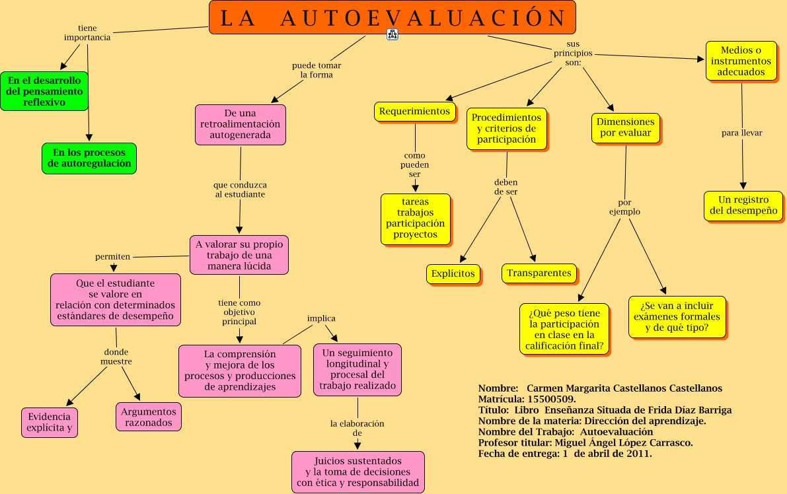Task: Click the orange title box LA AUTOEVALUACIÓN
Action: coord(392,18)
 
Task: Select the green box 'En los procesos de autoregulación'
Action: coord(89,159)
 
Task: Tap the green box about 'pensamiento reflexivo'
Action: coord(44,91)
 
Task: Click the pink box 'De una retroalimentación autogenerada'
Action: coord(241,125)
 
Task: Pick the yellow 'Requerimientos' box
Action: coord(415,112)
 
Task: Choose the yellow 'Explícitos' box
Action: coord(453,273)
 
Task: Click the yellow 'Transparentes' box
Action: coord(539,273)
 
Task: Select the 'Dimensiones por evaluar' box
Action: coord(625,127)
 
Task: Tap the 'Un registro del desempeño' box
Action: coord(743,206)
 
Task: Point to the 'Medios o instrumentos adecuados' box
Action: coord(741,61)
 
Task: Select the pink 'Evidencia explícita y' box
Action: coord(49,423)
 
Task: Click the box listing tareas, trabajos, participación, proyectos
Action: coord(416,219)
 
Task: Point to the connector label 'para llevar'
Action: coord(741,133)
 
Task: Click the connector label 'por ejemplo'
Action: coord(624,207)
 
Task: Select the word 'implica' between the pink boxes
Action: coord(321,318)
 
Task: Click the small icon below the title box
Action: coord(393,35)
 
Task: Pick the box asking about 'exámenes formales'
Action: coord(677,317)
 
